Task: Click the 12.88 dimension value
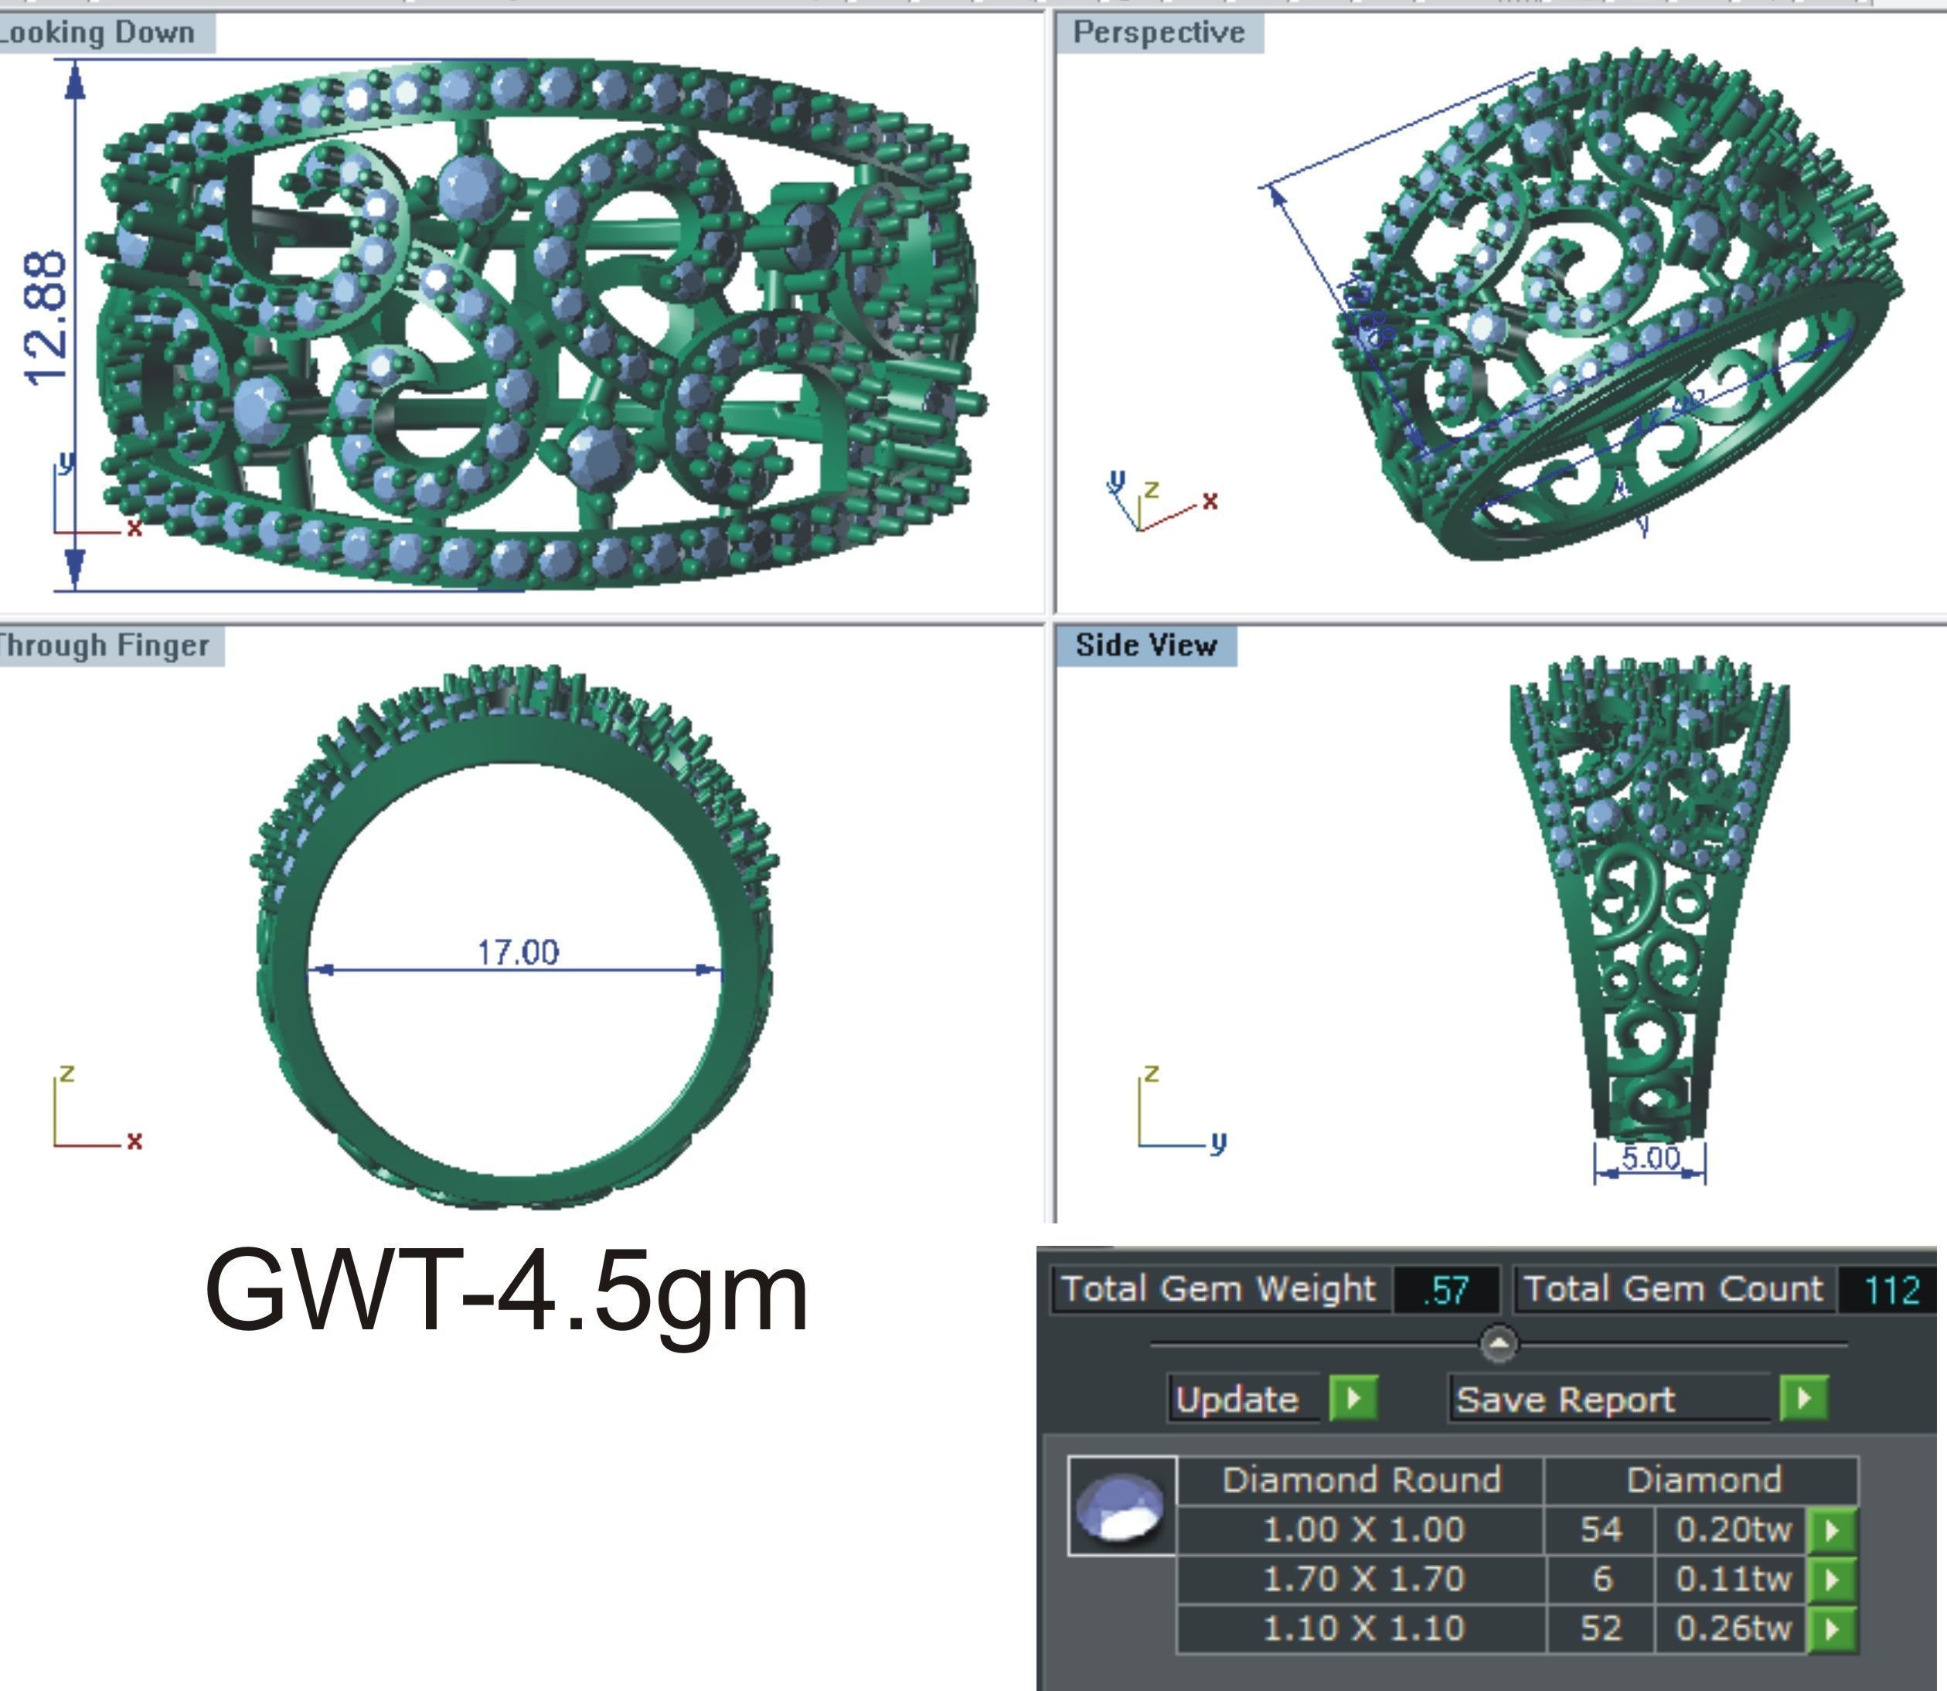coord(46,318)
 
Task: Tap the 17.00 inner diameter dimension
coord(517,952)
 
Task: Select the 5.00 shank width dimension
coord(1649,1157)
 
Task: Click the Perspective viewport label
coord(1158,33)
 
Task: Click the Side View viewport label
coord(1145,645)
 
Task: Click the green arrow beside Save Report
coord(1803,1398)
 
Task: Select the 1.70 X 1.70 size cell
coord(1363,1579)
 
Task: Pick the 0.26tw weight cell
coord(1733,1628)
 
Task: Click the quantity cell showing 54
coord(1601,1529)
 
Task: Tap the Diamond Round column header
coord(1361,1479)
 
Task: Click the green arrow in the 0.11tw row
coord(1832,1579)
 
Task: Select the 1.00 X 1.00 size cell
coord(1363,1529)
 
